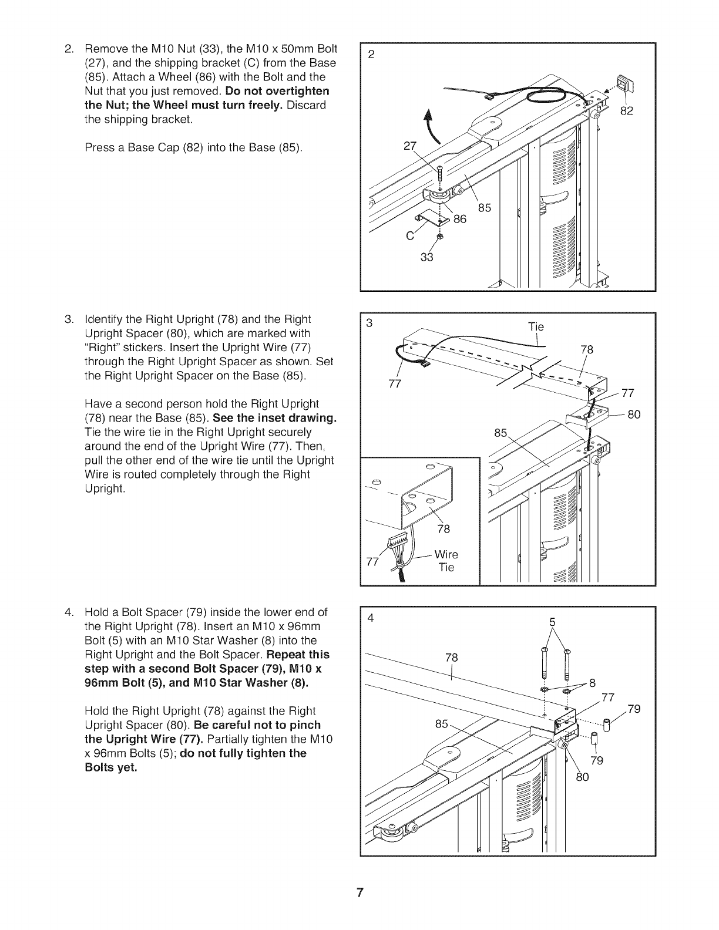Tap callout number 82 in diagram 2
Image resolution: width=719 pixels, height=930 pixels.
click(627, 111)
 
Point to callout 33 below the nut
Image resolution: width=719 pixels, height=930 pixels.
click(427, 257)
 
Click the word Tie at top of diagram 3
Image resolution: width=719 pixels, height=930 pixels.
click(536, 327)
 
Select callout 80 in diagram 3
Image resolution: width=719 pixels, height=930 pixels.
click(633, 415)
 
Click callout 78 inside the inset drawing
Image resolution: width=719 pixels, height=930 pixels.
click(444, 529)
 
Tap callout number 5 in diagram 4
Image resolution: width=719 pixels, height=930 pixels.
click(552, 622)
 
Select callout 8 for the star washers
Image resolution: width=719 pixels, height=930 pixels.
click(593, 682)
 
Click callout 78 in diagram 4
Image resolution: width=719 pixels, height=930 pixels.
click(451, 658)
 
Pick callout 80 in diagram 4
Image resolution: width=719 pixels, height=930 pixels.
click(582, 778)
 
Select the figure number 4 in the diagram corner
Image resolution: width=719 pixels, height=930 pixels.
click(370, 619)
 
